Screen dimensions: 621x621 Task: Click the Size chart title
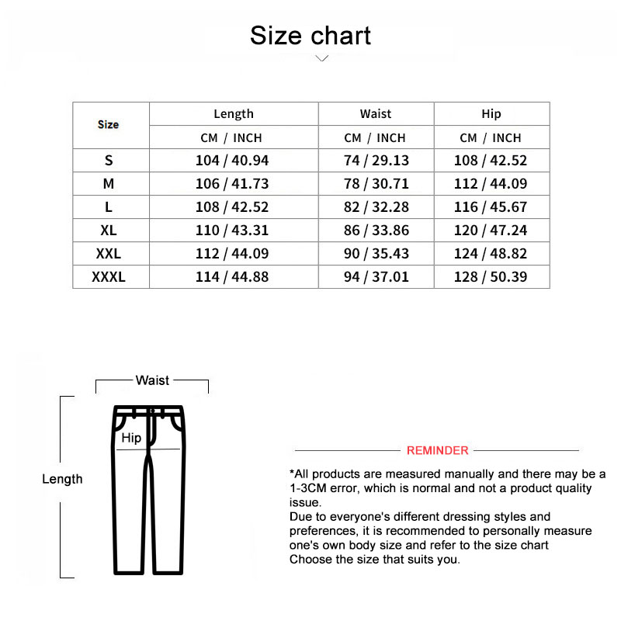[310, 36]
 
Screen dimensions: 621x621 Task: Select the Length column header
[234, 114]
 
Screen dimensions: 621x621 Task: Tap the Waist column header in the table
[376, 114]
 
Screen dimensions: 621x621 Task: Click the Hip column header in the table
[491, 114]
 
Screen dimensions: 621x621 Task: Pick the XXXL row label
[109, 277]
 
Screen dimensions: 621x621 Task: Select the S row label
[109, 161]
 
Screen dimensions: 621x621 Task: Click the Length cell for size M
[233, 184]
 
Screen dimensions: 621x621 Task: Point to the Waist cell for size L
[376, 207]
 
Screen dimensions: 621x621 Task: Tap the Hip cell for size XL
[491, 231]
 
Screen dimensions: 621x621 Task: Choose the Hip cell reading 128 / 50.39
[491, 277]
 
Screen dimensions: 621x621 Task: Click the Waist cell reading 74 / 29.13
[376, 161]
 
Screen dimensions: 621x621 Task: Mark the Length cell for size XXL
[233, 254]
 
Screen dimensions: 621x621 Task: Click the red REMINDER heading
[438, 451]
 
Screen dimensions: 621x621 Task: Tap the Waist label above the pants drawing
[152, 380]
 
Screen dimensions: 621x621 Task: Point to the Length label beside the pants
[62, 479]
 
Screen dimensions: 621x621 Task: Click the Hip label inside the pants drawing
[131, 438]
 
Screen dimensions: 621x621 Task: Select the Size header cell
[109, 125]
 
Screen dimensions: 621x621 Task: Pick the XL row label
[109, 231]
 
